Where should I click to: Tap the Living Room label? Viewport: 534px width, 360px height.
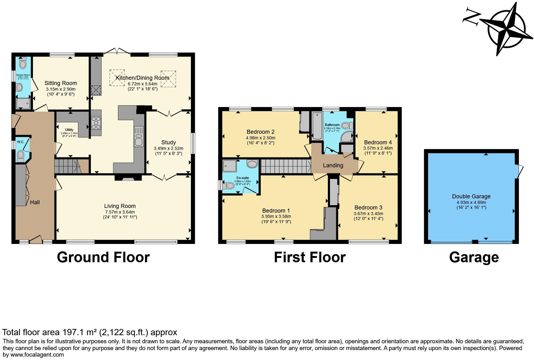pyautogui.click(x=120, y=206)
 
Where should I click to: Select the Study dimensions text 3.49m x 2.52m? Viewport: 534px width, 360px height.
pyautogui.click(x=169, y=148)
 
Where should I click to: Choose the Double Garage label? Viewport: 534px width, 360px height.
pyautogui.click(x=471, y=196)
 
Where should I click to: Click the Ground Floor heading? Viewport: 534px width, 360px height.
pyautogui.click(x=103, y=257)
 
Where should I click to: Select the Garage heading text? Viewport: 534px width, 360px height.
pyautogui.click(x=474, y=257)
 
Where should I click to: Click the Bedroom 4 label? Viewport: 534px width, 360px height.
pyautogui.click(x=378, y=143)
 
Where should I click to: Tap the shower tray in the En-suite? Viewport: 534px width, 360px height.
pyautogui.click(x=229, y=166)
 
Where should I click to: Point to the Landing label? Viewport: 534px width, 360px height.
pyautogui.click(x=333, y=165)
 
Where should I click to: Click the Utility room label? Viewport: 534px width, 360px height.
pyautogui.click(x=69, y=130)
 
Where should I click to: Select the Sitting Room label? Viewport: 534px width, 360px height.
pyautogui.click(x=61, y=83)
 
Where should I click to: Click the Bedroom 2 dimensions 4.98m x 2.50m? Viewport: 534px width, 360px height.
pyautogui.click(x=260, y=138)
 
